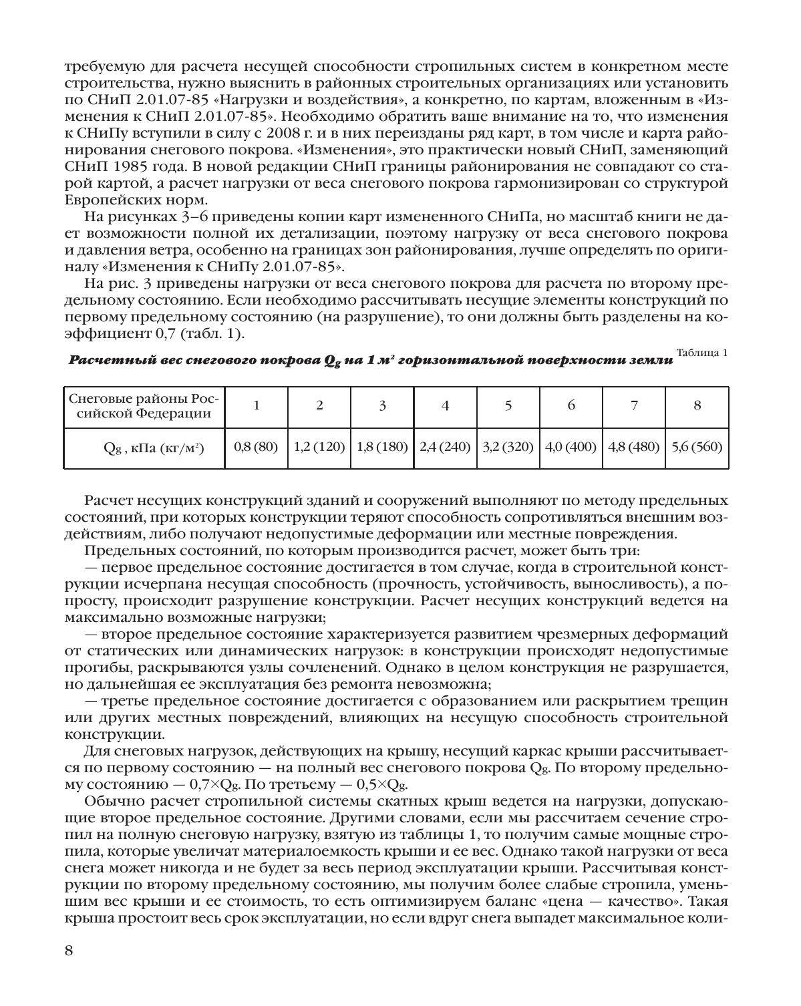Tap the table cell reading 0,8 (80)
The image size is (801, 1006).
pos(256,447)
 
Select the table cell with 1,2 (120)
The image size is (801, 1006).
pos(319,447)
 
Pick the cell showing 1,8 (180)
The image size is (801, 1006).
pos(382,447)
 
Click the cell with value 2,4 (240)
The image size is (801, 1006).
pos(445,447)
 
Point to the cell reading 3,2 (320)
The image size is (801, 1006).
pos(508,447)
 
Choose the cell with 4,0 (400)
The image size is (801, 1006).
pos(571,447)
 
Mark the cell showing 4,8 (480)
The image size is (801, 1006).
pos(634,447)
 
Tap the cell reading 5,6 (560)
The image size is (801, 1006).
pos(697,447)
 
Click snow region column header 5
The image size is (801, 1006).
pos(508,405)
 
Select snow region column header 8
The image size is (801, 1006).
pos(697,405)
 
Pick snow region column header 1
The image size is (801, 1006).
pos(256,405)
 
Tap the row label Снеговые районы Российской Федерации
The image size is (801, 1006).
pos(144,405)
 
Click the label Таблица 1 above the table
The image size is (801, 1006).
pos(701,353)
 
